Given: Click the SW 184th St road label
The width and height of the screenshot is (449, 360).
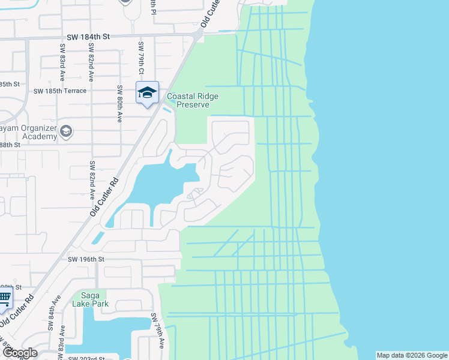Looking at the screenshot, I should (88, 37).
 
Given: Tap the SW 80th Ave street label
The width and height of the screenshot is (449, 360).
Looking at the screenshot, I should (120, 104).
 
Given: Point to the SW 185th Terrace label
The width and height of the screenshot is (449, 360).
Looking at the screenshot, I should (60, 91).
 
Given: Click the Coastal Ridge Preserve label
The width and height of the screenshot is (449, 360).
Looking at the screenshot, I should (192, 100).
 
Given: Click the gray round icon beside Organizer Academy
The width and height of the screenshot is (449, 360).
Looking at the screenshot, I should (66, 131).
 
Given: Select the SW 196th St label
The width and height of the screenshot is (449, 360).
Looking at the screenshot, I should (86, 259).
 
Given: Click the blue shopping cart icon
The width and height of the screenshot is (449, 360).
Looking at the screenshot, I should (4, 298).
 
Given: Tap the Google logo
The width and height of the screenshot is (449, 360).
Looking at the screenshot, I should (19, 353).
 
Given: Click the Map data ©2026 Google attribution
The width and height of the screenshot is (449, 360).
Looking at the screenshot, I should (411, 355).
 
